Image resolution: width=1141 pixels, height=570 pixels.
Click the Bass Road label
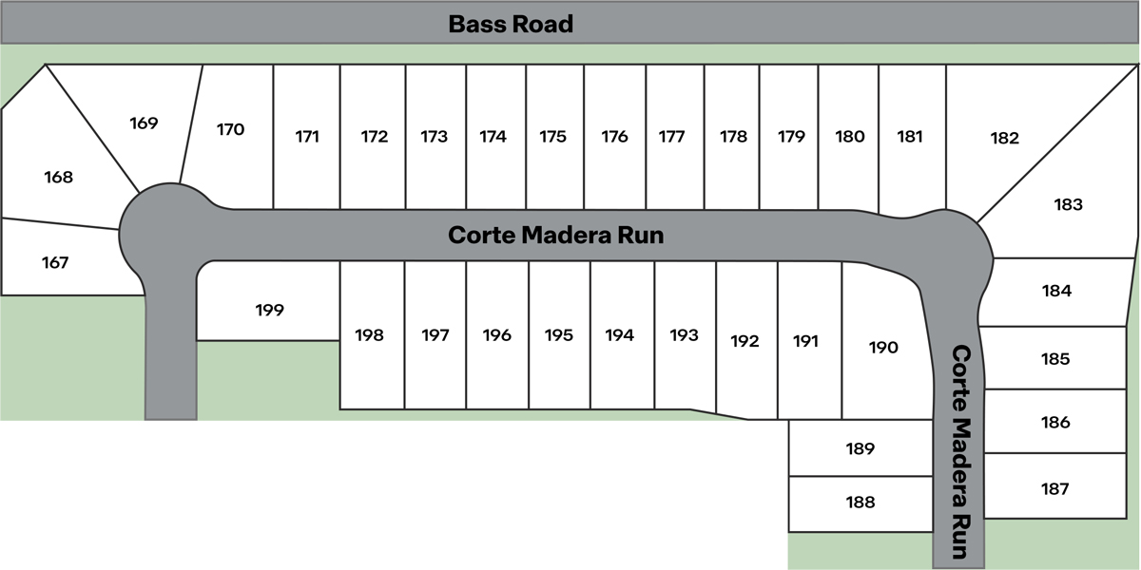511,24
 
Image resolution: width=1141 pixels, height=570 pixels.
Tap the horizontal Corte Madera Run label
555,235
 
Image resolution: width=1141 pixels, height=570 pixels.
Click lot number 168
58,177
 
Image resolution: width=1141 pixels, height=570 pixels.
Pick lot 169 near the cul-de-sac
144,123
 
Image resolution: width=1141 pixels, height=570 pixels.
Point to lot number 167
55,262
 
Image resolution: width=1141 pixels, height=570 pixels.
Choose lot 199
270,310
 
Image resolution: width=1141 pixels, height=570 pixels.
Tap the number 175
552,137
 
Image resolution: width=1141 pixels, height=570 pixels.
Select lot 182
1004,139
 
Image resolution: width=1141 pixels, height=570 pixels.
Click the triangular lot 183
1068,204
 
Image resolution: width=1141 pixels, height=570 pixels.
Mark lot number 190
883,348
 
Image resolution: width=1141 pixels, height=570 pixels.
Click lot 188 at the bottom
861,503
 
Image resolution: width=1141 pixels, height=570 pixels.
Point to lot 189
860,448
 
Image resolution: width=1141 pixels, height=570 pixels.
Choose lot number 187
1055,489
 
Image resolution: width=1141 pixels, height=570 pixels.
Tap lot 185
1055,359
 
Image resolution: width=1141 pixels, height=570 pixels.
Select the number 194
619,335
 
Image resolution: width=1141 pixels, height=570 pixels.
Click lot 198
369,335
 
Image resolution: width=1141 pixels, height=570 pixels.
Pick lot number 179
791,137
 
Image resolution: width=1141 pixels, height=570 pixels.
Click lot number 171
306,137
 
